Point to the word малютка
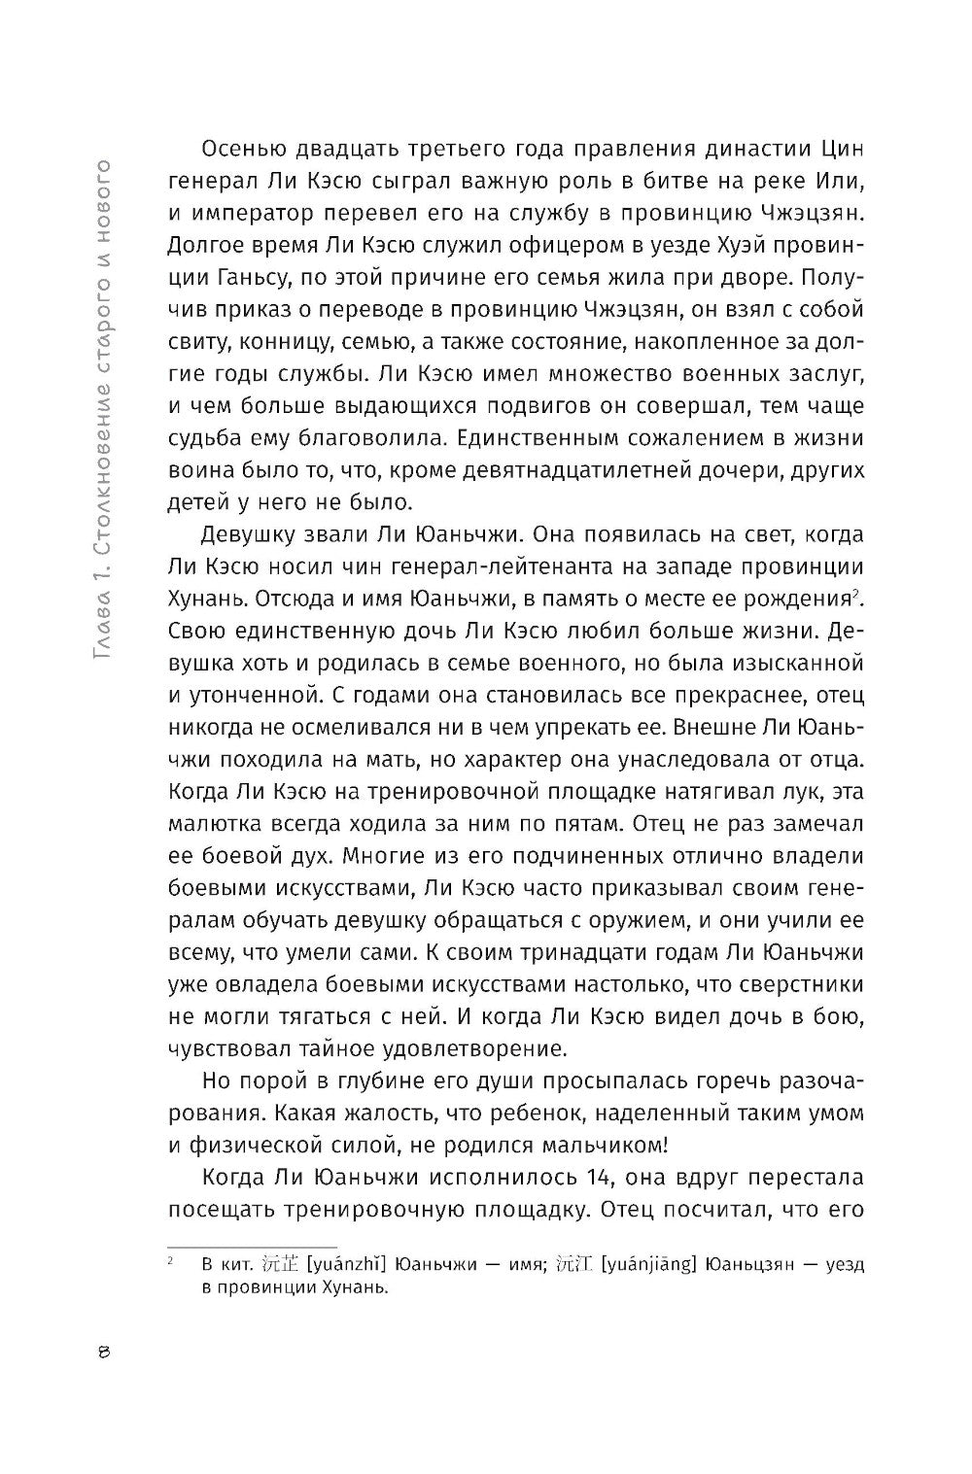(217, 785)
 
